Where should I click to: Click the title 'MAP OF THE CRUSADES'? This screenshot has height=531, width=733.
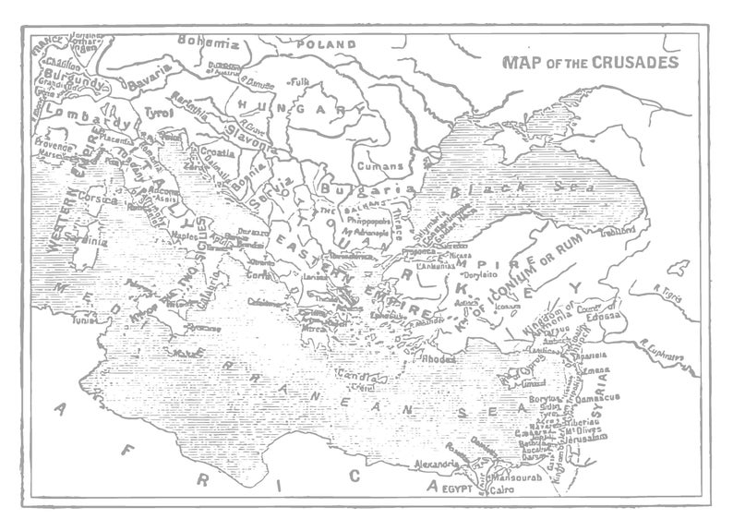click(590, 63)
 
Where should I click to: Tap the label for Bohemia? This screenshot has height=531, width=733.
click(208, 42)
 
